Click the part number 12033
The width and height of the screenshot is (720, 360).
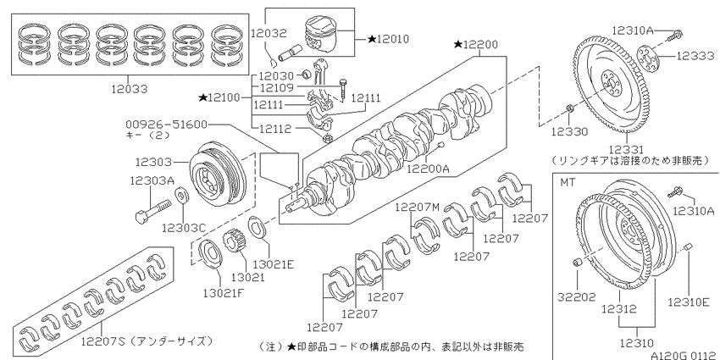(x=130, y=89)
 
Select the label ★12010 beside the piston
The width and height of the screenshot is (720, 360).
(x=388, y=39)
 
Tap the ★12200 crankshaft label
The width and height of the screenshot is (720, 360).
(x=475, y=45)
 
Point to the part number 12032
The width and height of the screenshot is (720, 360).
(x=269, y=33)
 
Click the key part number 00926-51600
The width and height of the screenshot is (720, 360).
(x=166, y=125)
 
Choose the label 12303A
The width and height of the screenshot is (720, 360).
(x=152, y=180)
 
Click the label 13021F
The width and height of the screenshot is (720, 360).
(x=224, y=292)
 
